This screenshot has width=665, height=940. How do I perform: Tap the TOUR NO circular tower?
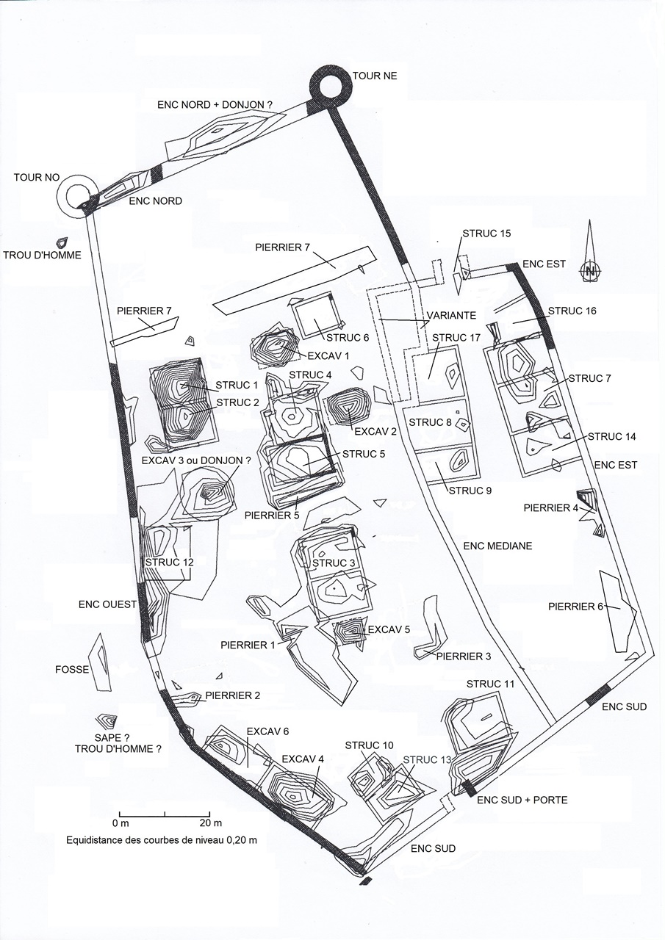tap(76, 194)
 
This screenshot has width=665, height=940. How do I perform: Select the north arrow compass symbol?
tap(590, 270)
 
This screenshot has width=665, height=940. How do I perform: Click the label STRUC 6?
tap(348, 339)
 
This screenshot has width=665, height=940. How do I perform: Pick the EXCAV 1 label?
tap(328, 356)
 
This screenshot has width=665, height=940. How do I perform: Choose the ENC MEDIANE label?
tap(497, 546)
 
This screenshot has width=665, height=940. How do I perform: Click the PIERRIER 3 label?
tap(463, 656)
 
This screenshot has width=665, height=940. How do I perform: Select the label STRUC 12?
tap(170, 562)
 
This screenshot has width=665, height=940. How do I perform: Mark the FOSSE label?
tap(72, 670)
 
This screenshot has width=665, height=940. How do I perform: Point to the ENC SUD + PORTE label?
tap(522, 800)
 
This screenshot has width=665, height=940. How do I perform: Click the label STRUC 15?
tap(486, 234)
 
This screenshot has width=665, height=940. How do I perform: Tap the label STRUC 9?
tap(470, 491)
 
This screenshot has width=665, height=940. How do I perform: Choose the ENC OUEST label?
tap(108, 604)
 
